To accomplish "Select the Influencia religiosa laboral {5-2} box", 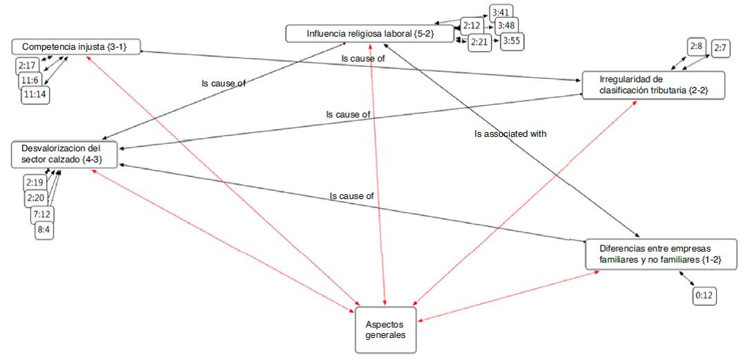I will coord(370,32).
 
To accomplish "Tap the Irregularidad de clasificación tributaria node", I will coord(653,85).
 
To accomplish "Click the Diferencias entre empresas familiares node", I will coord(661,254).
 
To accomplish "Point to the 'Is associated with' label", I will coord(510,134).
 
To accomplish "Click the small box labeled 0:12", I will coord(704,296).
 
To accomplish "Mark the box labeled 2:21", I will coord(479,43).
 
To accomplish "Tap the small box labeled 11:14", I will coord(36,93).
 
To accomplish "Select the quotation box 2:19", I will coord(35,182).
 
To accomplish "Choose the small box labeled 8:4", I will coord(44,229).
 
